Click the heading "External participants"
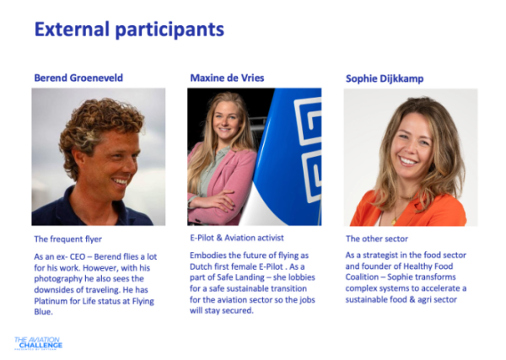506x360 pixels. click(x=129, y=30)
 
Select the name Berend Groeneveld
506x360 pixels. click(x=78, y=78)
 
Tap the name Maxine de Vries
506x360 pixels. click(x=227, y=78)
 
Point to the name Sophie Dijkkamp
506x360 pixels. click(x=385, y=78)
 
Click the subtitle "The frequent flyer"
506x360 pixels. click(x=67, y=239)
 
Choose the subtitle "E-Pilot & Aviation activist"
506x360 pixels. click(x=236, y=238)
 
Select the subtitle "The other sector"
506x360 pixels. click(x=377, y=239)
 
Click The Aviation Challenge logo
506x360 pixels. click(x=39, y=343)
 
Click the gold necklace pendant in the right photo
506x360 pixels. click(x=394, y=221)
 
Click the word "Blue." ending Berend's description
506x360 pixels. click(x=44, y=312)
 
